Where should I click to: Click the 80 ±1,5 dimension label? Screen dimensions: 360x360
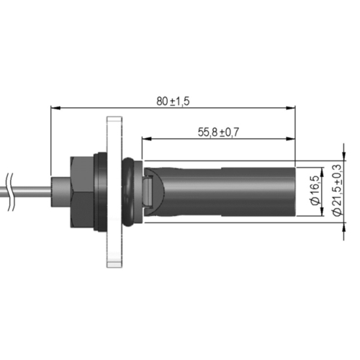173,102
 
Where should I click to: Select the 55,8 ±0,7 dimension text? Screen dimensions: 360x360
218,132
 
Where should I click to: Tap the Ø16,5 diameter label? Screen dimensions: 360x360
315,191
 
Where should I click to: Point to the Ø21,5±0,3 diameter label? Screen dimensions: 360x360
336,189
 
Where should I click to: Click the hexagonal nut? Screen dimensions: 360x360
82,192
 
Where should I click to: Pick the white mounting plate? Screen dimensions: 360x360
114,192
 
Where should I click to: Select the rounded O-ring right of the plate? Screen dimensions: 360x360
128,192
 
